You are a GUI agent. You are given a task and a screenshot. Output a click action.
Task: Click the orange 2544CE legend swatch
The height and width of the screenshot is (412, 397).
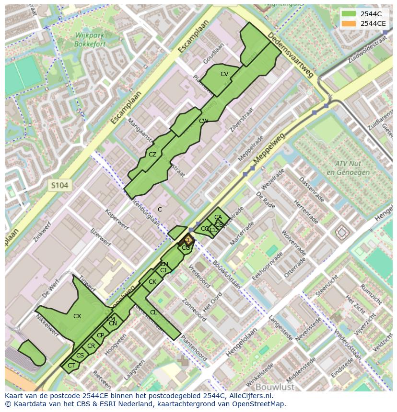(349, 23)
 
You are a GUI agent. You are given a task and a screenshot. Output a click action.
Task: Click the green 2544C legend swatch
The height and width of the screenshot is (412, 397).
(349, 14)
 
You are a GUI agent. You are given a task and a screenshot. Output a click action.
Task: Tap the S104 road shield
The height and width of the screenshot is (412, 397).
(60, 185)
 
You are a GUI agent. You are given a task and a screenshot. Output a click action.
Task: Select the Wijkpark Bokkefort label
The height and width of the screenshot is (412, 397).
(86, 39)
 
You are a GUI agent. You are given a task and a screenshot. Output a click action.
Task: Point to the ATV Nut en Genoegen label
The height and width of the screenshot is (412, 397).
(348, 168)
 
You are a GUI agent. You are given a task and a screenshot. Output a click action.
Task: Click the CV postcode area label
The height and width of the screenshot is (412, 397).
(224, 74)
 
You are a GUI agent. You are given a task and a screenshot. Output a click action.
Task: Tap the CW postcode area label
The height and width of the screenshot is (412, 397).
(203, 121)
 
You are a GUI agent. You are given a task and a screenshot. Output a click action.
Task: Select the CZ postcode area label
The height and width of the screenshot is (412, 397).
(152, 155)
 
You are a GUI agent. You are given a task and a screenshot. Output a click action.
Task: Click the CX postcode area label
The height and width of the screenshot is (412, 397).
(77, 316)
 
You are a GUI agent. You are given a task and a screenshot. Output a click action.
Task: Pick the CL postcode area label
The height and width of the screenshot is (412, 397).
(153, 312)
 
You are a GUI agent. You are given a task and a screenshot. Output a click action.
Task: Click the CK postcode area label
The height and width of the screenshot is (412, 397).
(152, 282)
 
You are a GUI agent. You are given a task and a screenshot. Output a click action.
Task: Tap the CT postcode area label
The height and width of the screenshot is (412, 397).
(71, 366)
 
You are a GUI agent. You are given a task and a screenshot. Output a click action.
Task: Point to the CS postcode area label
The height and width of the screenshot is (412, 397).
(80, 356)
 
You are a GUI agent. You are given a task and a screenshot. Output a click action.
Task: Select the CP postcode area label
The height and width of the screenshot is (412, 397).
(100, 335)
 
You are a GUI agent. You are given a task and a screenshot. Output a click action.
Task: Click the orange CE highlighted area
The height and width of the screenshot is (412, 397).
(187, 241)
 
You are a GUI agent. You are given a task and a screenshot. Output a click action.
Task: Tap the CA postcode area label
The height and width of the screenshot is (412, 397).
(218, 217)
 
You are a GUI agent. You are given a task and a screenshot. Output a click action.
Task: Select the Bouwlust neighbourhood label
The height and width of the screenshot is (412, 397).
(274, 386)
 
